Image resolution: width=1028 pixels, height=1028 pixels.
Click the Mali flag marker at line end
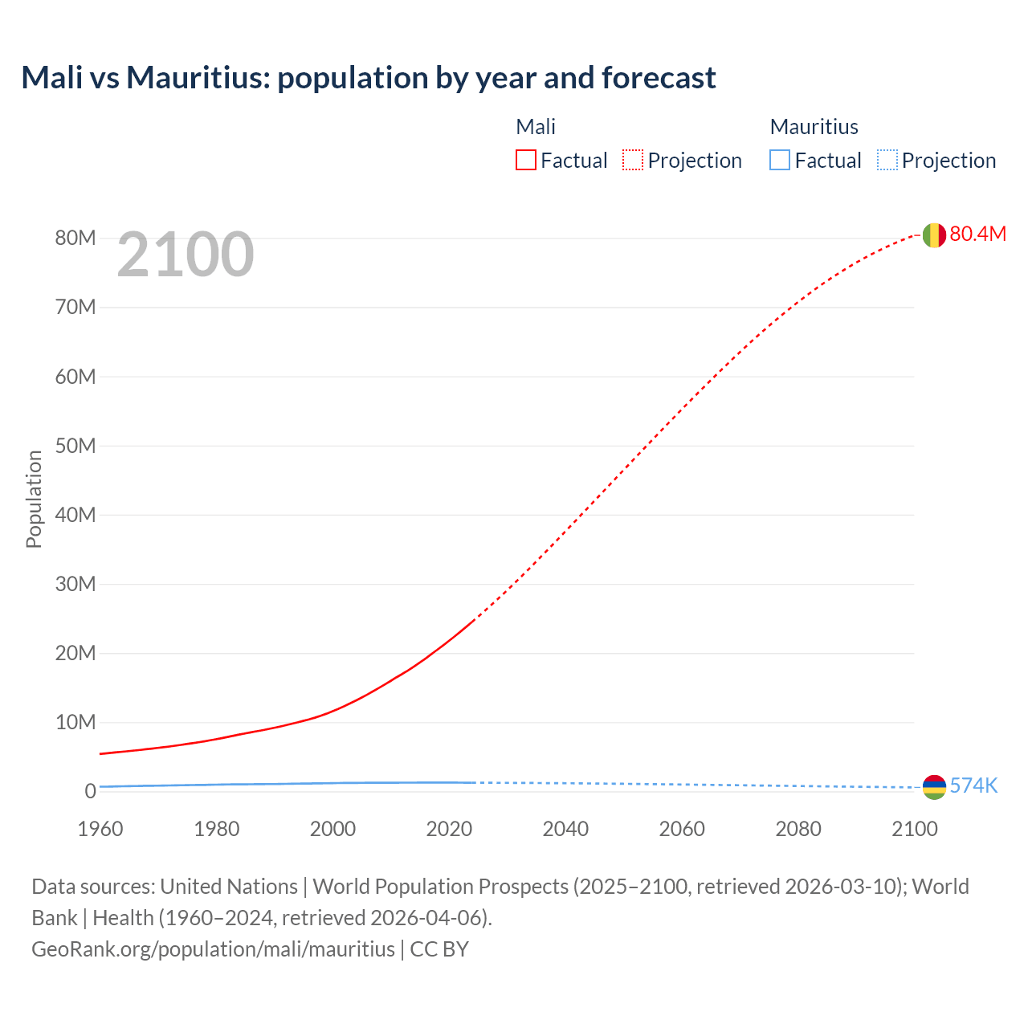click(933, 235)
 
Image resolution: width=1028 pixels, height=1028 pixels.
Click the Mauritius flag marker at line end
click(933, 787)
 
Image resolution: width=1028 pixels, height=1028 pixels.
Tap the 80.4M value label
click(977, 234)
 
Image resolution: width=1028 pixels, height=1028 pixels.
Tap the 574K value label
click(973, 785)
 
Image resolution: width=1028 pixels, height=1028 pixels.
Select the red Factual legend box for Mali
click(526, 161)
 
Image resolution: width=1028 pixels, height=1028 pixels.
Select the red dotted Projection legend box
click(633, 161)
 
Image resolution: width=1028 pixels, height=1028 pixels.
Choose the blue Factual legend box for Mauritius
click(780, 161)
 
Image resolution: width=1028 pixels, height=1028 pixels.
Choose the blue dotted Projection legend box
click(887, 161)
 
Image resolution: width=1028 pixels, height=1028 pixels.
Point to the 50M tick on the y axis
click(75, 446)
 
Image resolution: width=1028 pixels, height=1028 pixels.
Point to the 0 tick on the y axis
click(90, 791)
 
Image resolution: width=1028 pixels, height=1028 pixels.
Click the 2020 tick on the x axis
click(449, 829)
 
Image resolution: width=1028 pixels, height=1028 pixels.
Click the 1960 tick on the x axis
click(100, 829)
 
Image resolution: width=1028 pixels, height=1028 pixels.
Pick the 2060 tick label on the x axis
click(682, 829)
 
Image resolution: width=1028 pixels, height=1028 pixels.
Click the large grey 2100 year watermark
click(186, 255)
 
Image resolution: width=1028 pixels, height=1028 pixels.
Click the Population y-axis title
click(34, 499)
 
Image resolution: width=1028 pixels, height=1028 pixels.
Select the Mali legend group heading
click(536, 127)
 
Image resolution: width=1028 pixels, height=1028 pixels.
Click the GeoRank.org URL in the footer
click(213, 949)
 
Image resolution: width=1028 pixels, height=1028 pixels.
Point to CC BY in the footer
click(439, 949)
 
